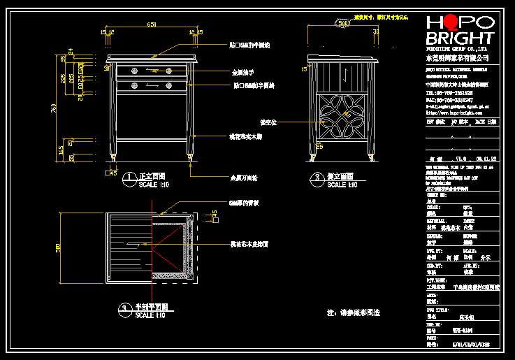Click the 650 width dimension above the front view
(151, 25)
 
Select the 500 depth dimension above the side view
(343, 23)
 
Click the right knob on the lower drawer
(168, 85)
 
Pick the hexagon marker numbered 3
(124, 309)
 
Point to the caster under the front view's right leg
(190, 164)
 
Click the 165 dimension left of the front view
(61, 147)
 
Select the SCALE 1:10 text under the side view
(343, 185)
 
